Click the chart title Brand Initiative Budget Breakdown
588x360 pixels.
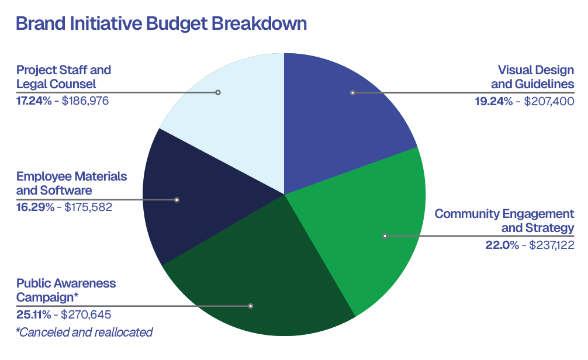pos(161,24)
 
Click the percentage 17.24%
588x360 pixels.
pos(34,101)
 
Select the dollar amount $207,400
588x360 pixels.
pos(549,101)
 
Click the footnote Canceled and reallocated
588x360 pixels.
pos(84,333)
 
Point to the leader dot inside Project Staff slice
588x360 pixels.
pos(218,92)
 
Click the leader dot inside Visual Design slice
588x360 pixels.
pos(352,92)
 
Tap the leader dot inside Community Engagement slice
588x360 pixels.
pos(385,236)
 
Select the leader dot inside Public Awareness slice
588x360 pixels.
pos(251,306)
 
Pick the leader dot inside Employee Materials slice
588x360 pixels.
pos(177,200)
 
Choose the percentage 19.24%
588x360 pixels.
pos(493,101)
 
